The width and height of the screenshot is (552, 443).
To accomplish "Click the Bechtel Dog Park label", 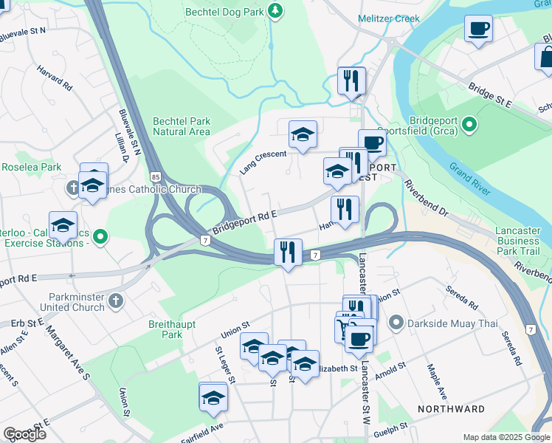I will pyautogui.click(x=224, y=11).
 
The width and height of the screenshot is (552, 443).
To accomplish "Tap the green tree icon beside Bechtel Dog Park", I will pyautogui.click(x=275, y=10).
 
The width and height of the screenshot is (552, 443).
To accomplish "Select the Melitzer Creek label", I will pyautogui.click(x=388, y=18).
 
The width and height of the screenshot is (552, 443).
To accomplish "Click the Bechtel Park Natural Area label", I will pyautogui.click(x=182, y=126).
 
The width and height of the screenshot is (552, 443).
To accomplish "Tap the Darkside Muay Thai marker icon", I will pyautogui.click(x=396, y=322).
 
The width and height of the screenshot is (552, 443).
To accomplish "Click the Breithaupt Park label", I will pyautogui.click(x=162, y=329).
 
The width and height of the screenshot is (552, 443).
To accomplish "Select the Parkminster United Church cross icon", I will pyautogui.click(x=115, y=301).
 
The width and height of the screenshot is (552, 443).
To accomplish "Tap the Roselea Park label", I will pyautogui.click(x=31, y=167).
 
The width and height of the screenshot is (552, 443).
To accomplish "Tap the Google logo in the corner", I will pyautogui.click(x=25, y=434).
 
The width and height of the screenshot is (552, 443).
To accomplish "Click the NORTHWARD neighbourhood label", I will pyautogui.click(x=451, y=409).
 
